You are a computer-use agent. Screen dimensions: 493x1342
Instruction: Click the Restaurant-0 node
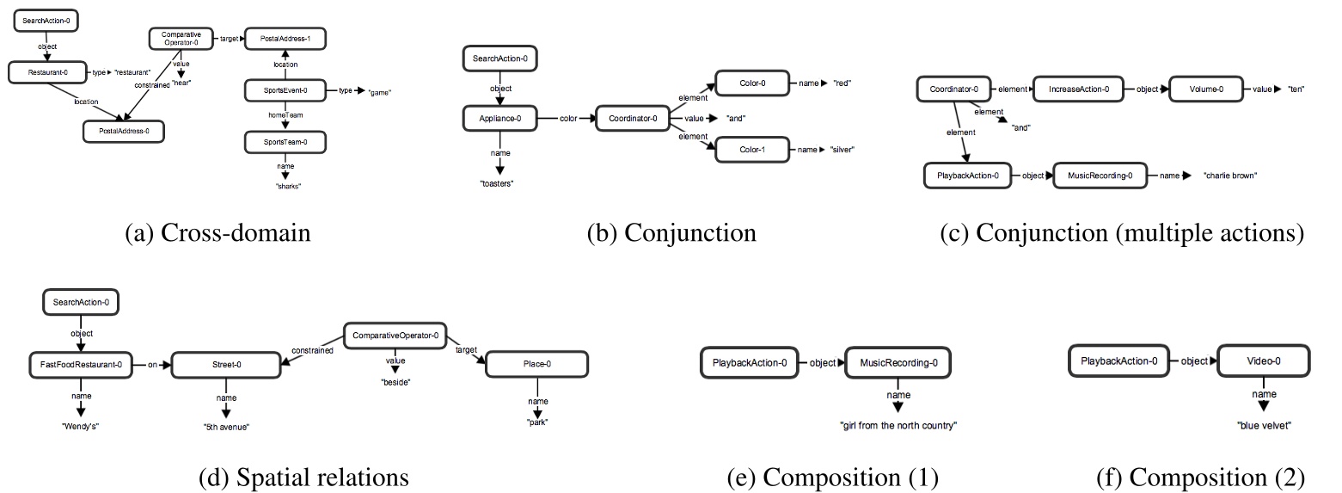pos(43,71)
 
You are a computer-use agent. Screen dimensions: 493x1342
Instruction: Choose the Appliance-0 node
pos(500,119)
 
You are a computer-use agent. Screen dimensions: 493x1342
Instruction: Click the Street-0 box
pos(226,365)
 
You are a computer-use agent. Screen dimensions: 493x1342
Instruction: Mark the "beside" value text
pos(395,380)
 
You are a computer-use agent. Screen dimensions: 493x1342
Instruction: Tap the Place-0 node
pos(536,365)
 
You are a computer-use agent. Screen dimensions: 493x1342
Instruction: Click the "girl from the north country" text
pos(898,426)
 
